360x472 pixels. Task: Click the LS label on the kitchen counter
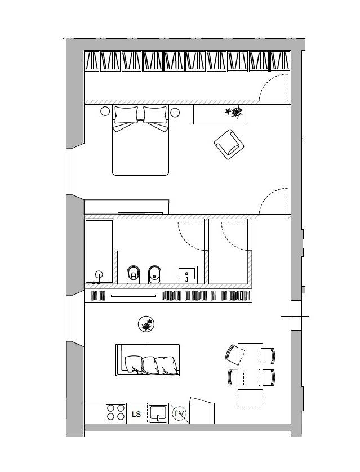pyautogui.click(x=136, y=414)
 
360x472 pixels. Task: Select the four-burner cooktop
pyautogui.click(x=115, y=412)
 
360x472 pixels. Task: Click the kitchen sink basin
pyautogui.click(x=158, y=413)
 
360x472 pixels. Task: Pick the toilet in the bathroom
pyautogui.click(x=133, y=274)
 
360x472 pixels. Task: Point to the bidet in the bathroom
pyautogui.click(x=155, y=274)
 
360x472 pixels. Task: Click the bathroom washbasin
pyautogui.click(x=186, y=274)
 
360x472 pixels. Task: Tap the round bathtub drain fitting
pyautogui.click(x=99, y=274)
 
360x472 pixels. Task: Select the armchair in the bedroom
pyautogui.click(x=229, y=145)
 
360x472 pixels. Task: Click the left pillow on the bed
pyautogui.click(x=126, y=114)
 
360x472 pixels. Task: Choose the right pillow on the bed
pyautogui.click(x=155, y=114)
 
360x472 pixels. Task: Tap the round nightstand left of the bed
pyautogui.click(x=105, y=112)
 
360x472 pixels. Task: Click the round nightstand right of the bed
pyautogui.click(x=175, y=112)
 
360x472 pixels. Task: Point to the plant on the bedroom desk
pyautogui.click(x=234, y=112)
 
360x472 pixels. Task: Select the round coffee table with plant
pyautogui.click(x=146, y=324)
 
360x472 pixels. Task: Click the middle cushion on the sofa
pyautogui.click(x=149, y=365)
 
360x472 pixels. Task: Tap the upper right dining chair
pyautogui.click(x=269, y=355)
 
